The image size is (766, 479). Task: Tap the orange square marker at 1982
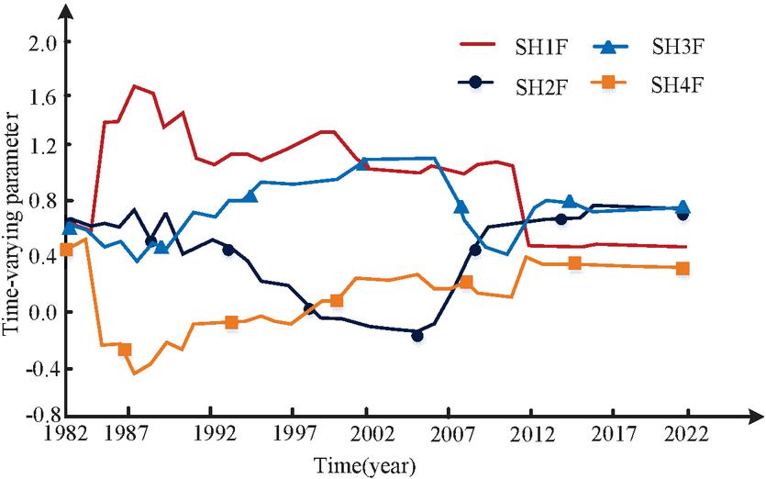(x=66, y=250)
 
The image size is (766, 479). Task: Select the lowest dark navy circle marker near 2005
(x=417, y=336)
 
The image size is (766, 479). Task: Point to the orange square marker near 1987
(x=125, y=350)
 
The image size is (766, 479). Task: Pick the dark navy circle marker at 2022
(x=683, y=214)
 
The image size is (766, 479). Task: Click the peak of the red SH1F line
(x=135, y=86)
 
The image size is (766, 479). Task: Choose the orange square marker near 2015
(x=575, y=263)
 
